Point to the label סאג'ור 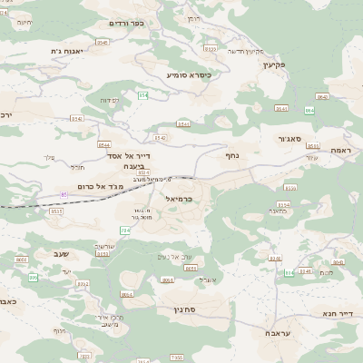pos(291,140)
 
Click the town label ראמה pos(340,150)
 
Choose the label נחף pos(232,155)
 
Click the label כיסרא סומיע pos(189,74)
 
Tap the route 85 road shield pos(64,194)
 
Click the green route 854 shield pos(142,94)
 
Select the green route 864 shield pos(309,110)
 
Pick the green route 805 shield pos(33,278)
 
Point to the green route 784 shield pos(124,231)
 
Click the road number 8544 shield pos(104,144)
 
